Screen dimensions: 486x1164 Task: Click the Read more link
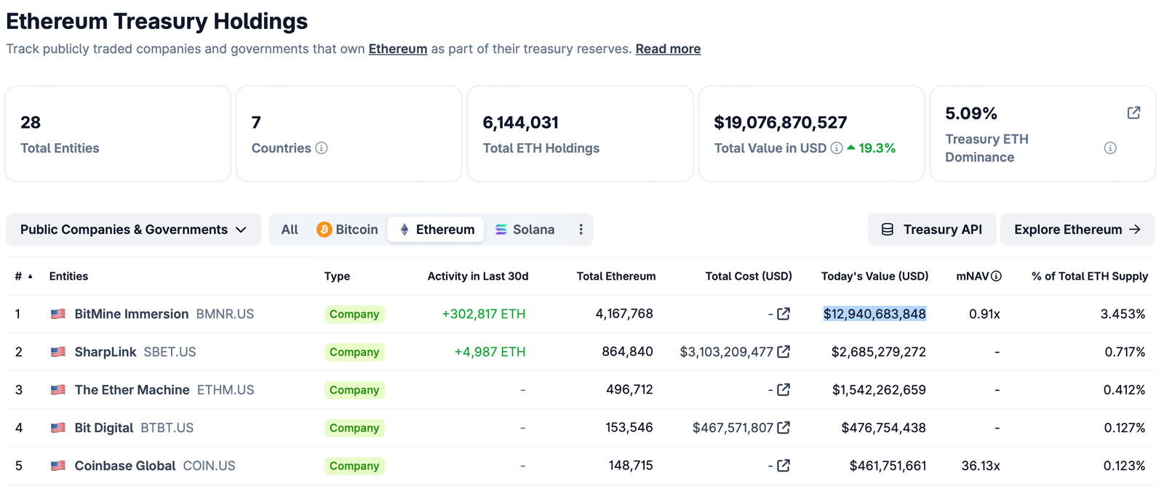pos(668,49)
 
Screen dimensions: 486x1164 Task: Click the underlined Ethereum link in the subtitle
pos(397,49)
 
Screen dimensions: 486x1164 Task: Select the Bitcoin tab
pos(348,230)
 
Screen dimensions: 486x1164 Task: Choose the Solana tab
pos(525,230)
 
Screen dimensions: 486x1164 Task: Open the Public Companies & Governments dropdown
pos(133,230)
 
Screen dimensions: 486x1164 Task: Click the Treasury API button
pos(931,230)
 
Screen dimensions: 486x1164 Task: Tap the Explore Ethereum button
pos(1077,230)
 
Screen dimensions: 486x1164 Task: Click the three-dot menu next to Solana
pos(581,230)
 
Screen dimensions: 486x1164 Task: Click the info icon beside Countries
pos(322,148)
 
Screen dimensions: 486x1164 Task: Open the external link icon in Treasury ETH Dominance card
pos(1133,113)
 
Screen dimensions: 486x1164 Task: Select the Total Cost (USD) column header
pos(749,276)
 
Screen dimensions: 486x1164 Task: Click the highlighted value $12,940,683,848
pos(874,314)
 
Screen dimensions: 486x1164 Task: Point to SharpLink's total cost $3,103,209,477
pos(726,352)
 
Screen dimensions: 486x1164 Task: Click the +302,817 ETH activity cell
pos(484,314)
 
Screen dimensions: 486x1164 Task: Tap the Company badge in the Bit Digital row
pos(354,428)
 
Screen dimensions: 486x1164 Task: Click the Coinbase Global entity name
pos(125,466)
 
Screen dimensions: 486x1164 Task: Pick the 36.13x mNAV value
pos(980,466)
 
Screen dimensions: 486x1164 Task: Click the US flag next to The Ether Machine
pos(58,390)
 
